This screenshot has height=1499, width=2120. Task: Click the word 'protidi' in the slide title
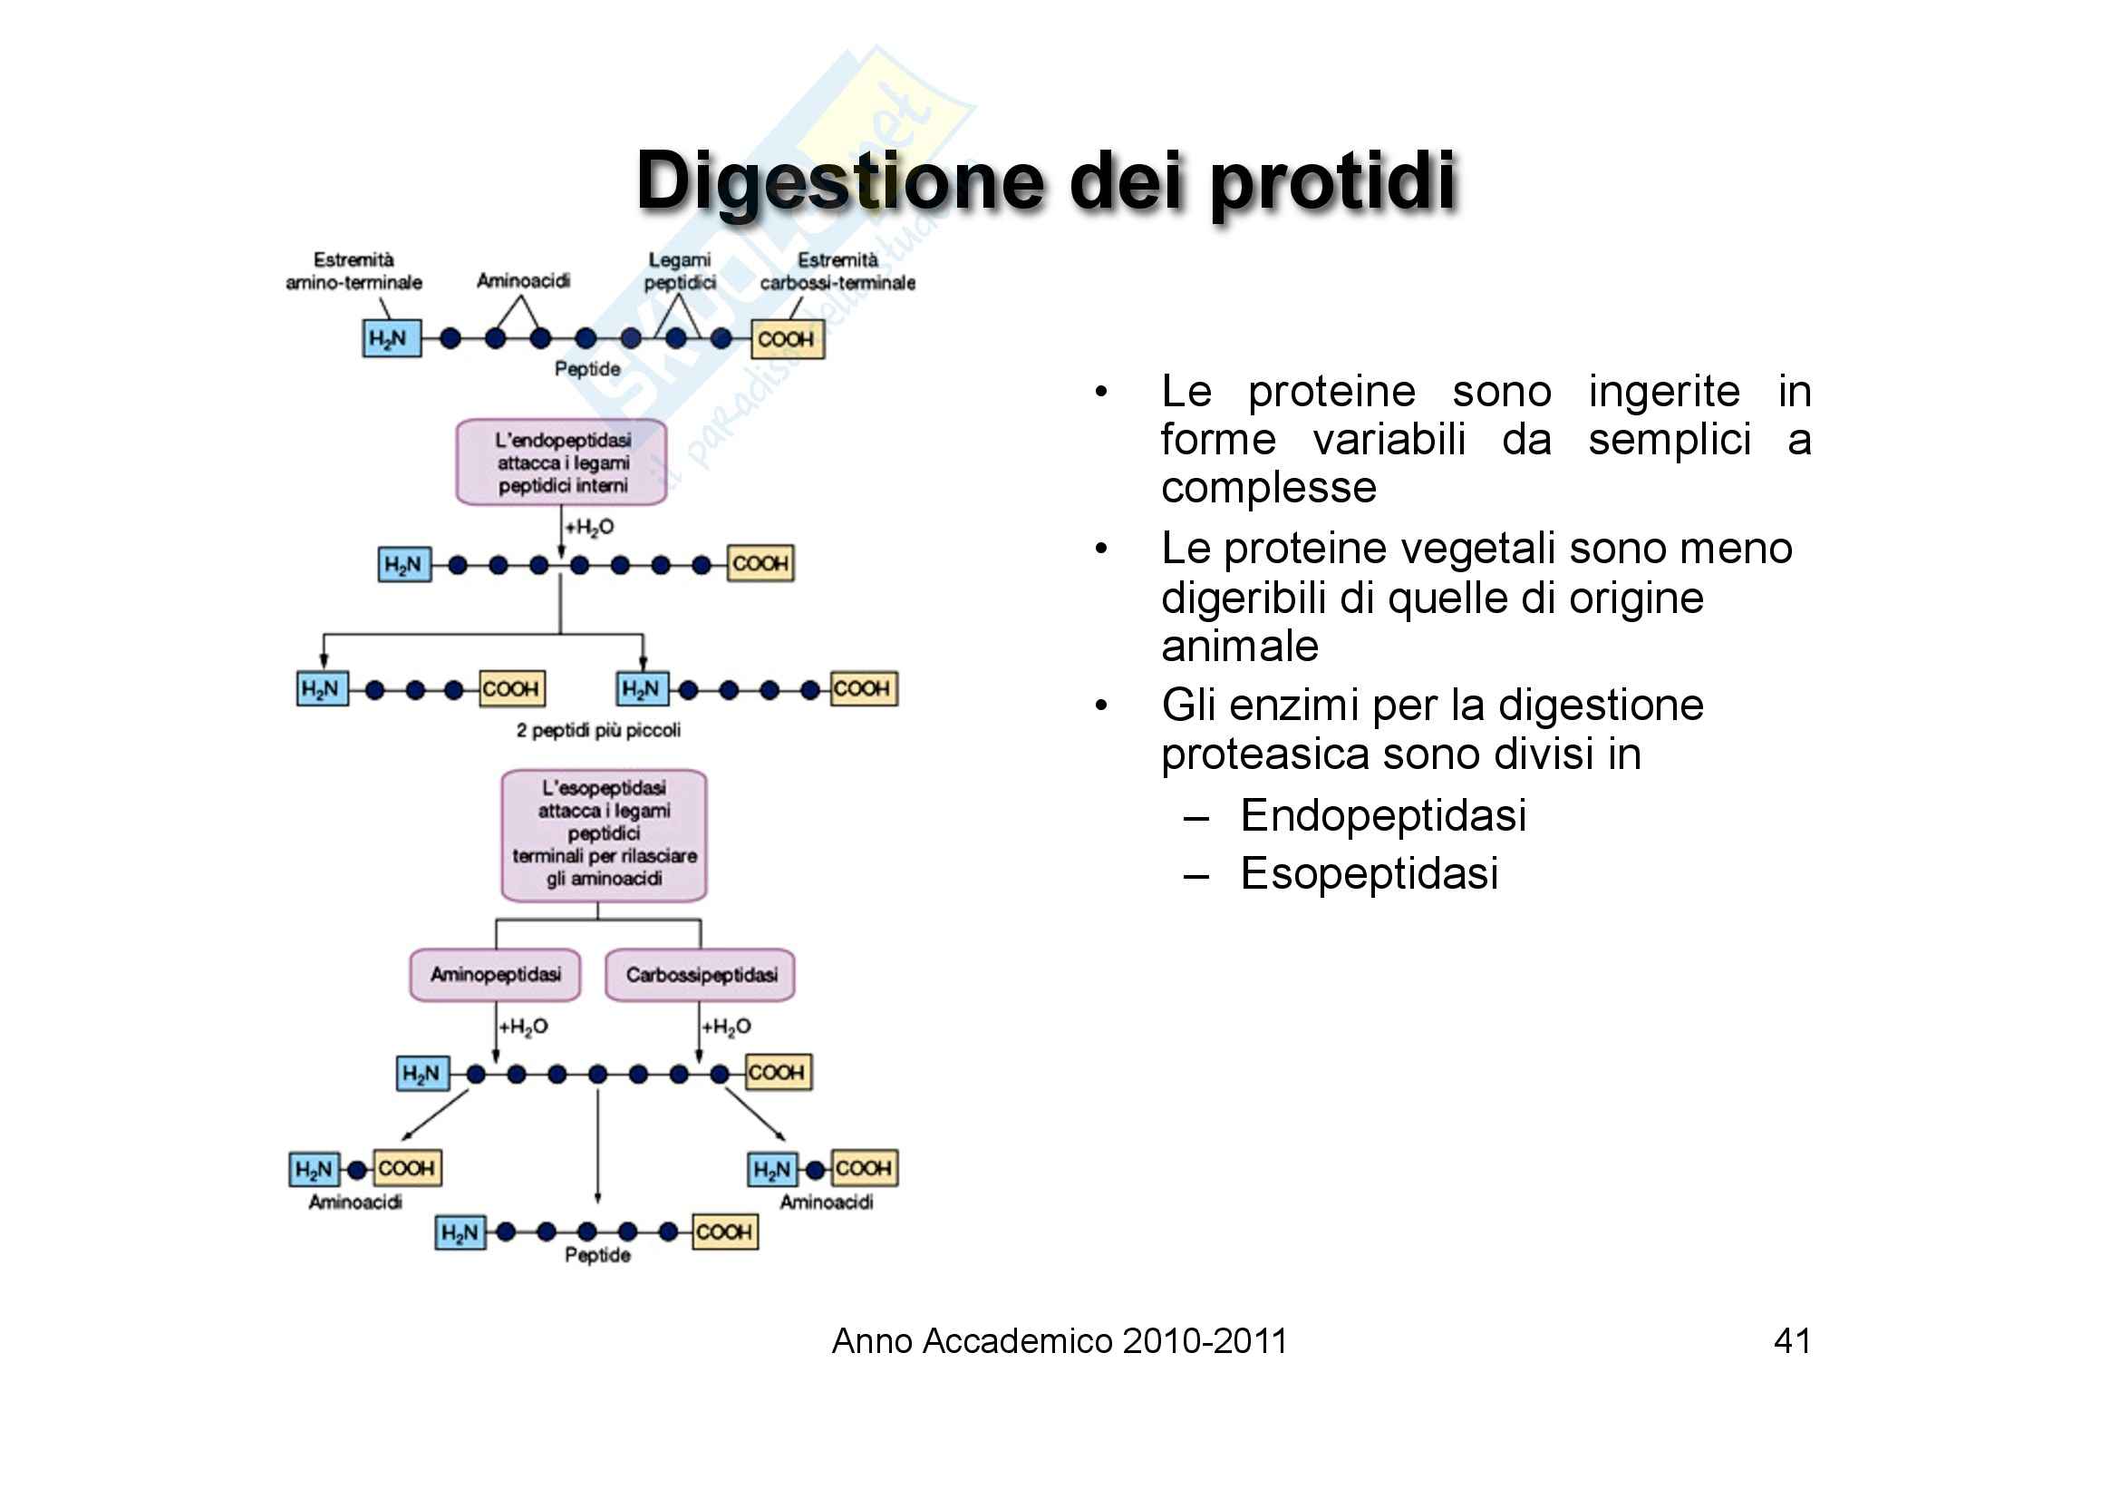pyautogui.click(x=1332, y=182)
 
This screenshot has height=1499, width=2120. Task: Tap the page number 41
pyautogui.click(x=1791, y=1340)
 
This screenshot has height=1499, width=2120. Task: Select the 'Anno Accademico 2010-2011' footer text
pyautogui.click(x=1059, y=1341)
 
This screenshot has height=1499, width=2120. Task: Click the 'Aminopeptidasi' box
pyautogui.click(x=495, y=975)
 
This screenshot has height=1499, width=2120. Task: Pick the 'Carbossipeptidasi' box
pyautogui.click(x=700, y=976)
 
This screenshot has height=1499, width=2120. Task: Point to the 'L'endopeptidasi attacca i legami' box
pyautogui.click(x=561, y=462)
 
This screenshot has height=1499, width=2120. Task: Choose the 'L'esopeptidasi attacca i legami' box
pyautogui.click(x=604, y=834)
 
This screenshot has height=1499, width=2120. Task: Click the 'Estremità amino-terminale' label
pyautogui.click(x=353, y=270)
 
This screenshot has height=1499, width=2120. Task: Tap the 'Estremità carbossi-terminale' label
pyautogui.click(x=837, y=270)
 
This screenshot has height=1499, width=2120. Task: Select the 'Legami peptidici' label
pyautogui.click(x=680, y=270)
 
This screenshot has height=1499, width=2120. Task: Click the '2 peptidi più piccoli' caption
pyautogui.click(x=598, y=731)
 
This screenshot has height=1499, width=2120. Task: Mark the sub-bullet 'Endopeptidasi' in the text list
pyautogui.click(x=1382, y=815)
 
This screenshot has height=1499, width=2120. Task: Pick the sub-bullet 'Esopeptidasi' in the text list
pyautogui.click(x=1369, y=873)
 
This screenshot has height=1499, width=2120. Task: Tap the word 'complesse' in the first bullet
pyautogui.click(x=1268, y=487)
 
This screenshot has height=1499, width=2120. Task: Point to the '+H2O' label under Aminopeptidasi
pyautogui.click(x=524, y=1027)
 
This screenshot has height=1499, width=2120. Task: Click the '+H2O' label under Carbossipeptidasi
pyautogui.click(x=727, y=1027)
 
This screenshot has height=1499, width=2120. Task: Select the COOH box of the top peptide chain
pyautogui.click(x=787, y=340)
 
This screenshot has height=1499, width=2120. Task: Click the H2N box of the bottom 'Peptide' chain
pyautogui.click(x=460, y=1233)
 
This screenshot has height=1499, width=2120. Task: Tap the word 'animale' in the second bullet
pyautogui.click(x=1239, y=646)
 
